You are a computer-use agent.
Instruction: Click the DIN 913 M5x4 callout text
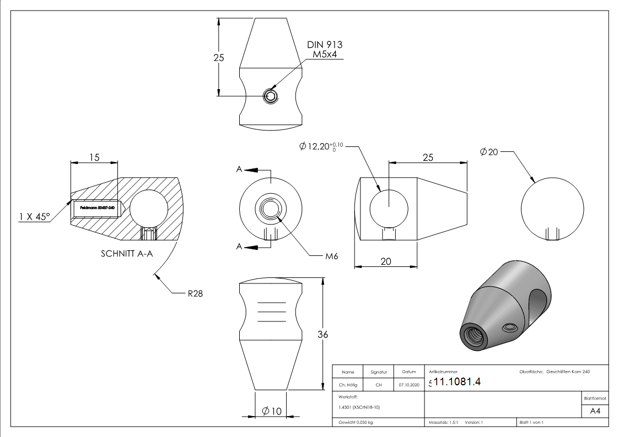(325, 49)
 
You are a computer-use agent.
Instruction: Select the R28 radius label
(195, 294)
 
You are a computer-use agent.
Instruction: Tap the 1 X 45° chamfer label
(34, 216)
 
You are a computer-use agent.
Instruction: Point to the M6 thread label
(331, 256)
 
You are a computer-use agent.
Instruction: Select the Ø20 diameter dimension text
(489, 152)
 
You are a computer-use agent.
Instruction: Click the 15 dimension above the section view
(94, 157)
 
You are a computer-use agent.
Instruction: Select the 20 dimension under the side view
(385, 261)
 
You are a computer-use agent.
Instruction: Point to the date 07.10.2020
(409, 385)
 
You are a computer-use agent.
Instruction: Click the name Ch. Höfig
(348, 385)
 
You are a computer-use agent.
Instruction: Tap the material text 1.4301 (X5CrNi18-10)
(360, 407)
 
